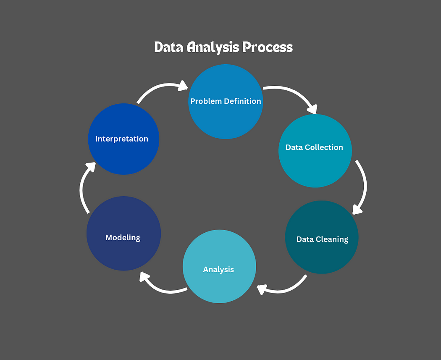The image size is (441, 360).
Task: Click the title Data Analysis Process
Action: point(223,47)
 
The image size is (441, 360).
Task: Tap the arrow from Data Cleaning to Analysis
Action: point(286,288)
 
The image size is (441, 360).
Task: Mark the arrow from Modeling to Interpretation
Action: point(83,189)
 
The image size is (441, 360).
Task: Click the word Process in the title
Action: point(268,47)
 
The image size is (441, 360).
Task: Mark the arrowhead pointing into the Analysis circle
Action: point(262,289)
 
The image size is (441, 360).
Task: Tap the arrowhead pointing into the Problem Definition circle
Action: point(183,86)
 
